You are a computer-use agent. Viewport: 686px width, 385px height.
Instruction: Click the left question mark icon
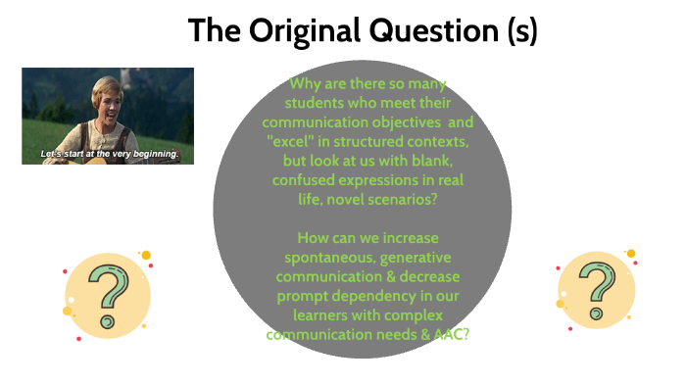click(107, 294)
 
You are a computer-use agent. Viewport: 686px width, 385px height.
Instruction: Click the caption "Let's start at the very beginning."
click(109, 155)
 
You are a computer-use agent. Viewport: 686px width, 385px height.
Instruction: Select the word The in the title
click(215, 30)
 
